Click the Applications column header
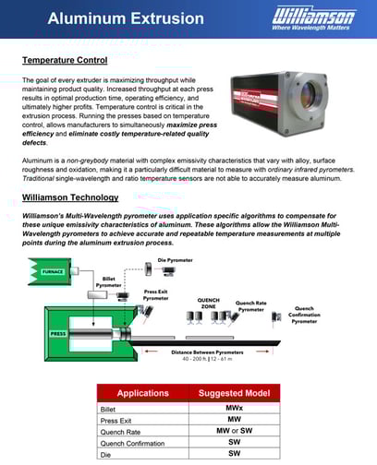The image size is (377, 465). pyautogui.click(x=141, y=393)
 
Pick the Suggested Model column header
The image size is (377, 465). pyautogui.click(x=234, y=393)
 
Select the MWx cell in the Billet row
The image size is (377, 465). pyautogui.click(x=234, y=406)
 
